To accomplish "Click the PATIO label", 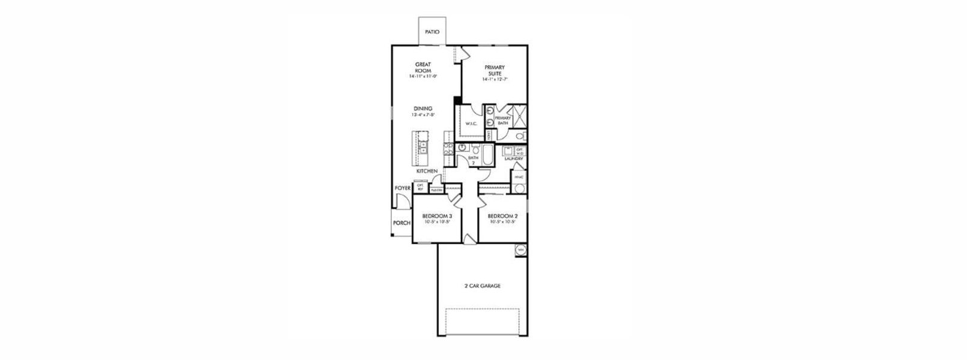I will [x=432, y=32].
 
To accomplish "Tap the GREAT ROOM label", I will [x=423, y=67].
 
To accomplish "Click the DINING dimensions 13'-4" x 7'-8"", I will [x=423, y=115].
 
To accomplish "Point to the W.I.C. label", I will [x=471, y=124].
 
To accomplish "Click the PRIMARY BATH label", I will [x=502, y=121].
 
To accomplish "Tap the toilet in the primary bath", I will [x=519, y=136].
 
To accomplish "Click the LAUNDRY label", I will [x=514, y=159].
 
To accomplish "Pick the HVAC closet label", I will [x=519, y=177].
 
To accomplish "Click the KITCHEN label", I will [x=427, y=172].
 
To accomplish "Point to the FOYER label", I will [x=402, y=188].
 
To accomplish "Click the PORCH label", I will [x=402, y=223].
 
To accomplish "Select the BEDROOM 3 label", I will [x=436, y=216].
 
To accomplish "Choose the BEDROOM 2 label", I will [x=502, y=216].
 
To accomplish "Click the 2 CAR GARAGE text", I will [x=482, y=286].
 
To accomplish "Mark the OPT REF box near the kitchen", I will [x=420, y=187].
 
